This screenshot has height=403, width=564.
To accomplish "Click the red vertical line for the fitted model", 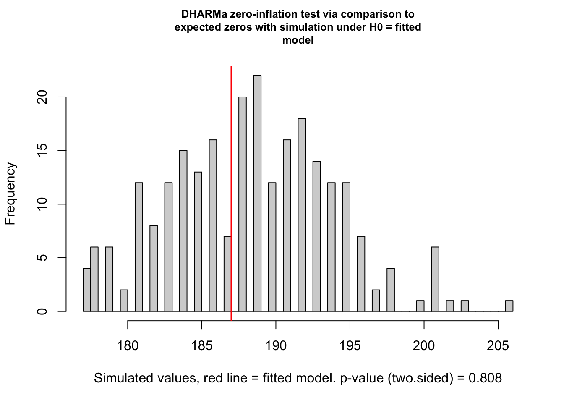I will click(231, 189).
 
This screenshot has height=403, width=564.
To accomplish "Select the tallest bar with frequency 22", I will click(257, 194).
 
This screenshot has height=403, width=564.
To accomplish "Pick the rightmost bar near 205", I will click(509, 306).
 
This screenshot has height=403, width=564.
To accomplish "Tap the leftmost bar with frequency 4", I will click(87, 290).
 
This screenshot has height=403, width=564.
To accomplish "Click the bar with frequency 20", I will click(243, 204).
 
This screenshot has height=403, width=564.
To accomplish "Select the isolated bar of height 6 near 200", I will click(435, 279).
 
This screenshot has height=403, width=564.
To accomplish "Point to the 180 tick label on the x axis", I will click(128, 346).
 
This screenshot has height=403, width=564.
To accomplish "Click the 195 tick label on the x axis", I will click(350, 346).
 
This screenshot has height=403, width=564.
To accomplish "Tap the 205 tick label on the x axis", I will click(498, 346).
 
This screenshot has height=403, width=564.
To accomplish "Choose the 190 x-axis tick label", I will click(276, 346).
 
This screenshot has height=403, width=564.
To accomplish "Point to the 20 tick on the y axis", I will click(42, 97).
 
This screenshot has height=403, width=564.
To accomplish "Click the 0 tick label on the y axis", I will click(42, 311).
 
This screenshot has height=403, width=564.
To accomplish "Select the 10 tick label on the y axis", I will click(42, 204).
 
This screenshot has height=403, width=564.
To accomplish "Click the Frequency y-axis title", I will click(10, 194).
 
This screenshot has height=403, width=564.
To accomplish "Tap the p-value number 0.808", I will click(485, 378).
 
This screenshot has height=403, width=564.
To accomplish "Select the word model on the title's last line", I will click(298, 40).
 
